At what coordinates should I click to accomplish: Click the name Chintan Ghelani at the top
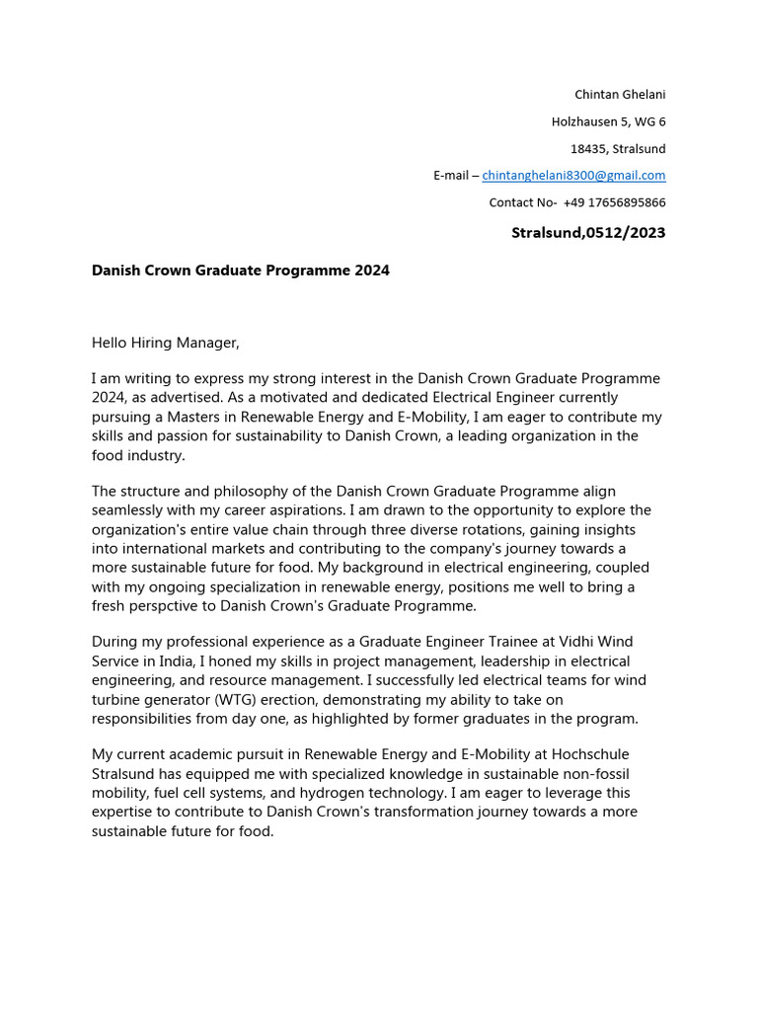pos(620,94)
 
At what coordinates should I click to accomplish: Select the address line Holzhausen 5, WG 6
pos(608,121)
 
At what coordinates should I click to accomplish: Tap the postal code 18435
pos(588,149)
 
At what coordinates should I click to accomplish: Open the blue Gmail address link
pos(573,176)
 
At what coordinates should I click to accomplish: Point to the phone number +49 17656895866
pos(614,202)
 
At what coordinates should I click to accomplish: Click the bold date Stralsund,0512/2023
pos(588,233)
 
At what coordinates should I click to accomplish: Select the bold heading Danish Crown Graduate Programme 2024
pos(241,270)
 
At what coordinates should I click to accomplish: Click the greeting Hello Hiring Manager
pos(166,343)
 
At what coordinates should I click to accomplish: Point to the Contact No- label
pos(523,202)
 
